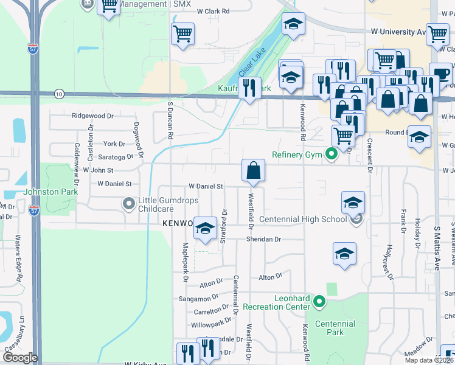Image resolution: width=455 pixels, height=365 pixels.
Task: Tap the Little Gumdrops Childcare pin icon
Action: point(129,204)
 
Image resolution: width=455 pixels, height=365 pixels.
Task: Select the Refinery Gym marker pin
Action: point(332,155)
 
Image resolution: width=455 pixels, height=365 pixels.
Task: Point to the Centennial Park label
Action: point(330,328)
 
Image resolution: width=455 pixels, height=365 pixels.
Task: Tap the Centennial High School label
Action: point(302,219)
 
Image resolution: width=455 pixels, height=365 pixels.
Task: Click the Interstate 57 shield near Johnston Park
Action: point(35,210)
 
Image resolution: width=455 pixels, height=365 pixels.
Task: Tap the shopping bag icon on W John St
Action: point(253,170)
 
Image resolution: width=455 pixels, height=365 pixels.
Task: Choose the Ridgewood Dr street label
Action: point(92,116)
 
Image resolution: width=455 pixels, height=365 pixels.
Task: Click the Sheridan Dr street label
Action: point(263,239)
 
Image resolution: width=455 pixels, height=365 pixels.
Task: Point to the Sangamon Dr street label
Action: point(198,299)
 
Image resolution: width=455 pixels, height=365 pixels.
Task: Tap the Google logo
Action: point(19,358)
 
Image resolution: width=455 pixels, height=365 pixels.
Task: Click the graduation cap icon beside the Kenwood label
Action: point(206,228)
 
